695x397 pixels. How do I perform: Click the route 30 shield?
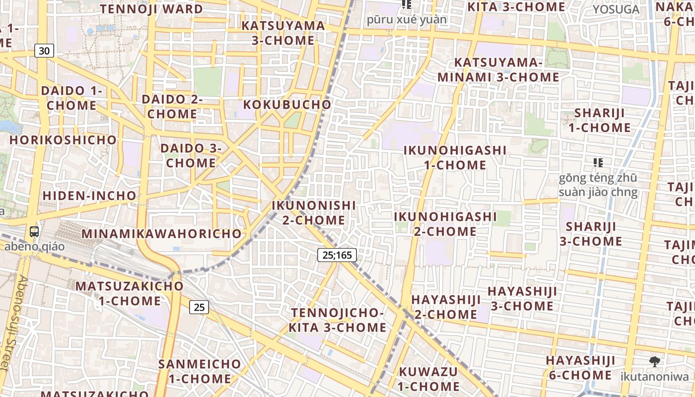pos(44,51)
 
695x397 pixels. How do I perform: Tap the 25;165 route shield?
pos(337,255)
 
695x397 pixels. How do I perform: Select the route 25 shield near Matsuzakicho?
pos(199,307)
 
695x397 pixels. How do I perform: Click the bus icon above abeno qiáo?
pos(34,231)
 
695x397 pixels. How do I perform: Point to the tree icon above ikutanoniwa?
pos(655,362)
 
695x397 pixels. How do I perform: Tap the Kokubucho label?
pos(287,105)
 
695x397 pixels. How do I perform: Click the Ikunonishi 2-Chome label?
pos(314,212)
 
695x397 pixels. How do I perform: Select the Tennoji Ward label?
pos(151,9)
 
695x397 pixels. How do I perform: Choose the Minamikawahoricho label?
pos(161,233)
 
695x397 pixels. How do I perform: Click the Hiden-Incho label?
pos(89,196)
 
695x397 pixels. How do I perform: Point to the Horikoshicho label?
pos(63,140)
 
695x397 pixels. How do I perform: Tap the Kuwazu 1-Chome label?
pos(428,379)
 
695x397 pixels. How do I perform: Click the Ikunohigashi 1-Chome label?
pos(455,157)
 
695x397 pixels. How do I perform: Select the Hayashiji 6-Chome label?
pos(580,367)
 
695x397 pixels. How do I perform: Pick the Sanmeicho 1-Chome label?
pos(200,371)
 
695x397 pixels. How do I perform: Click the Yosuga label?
pos(616,9)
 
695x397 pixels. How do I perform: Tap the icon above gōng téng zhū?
pos(598,162)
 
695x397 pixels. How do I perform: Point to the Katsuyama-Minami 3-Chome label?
pos(498,70)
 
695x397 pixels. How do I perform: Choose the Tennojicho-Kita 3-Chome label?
pos(338,320)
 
